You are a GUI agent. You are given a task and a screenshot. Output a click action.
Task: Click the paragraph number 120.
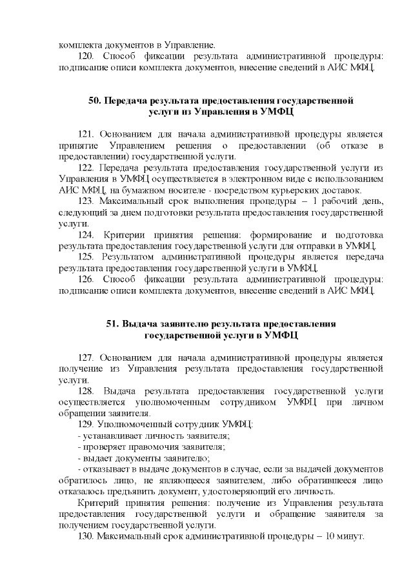point(86,56)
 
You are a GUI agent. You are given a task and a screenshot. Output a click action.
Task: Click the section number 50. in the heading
point(95,101)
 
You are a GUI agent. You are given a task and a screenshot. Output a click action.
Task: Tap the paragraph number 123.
point(86,202)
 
